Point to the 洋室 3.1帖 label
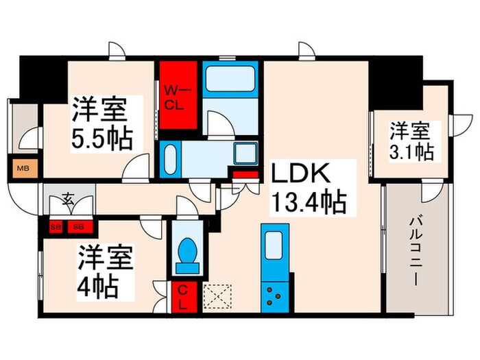411,141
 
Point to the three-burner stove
276,296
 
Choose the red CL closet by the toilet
184,297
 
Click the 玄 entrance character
69,200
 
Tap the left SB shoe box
56,226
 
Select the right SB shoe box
78,226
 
